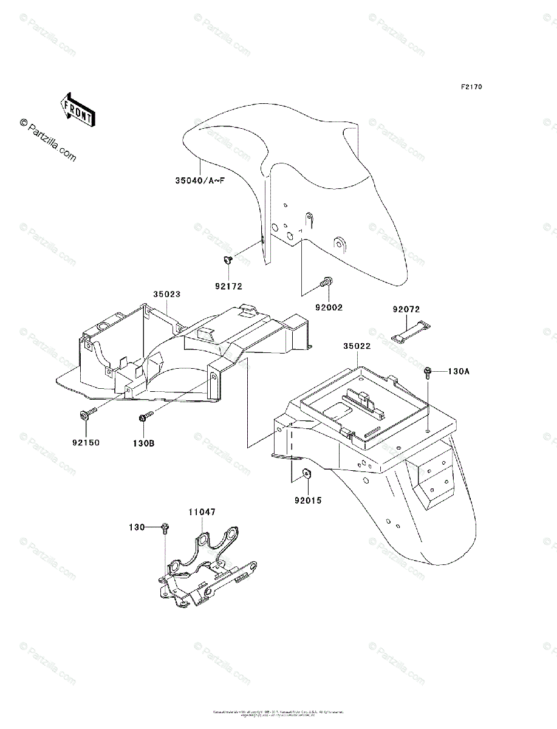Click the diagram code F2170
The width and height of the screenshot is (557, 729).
(x=471, y=87)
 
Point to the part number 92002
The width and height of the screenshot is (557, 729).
(x=329, y=307)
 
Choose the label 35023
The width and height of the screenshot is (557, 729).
(x=167, y=294)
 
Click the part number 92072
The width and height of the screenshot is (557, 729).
(x=406, y=309)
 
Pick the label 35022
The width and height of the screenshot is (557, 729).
(x=357, y=346)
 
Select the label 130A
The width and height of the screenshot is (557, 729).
(x=459, y=371)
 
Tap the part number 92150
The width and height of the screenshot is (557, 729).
(x=86, y=442)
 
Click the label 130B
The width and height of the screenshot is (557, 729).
(x=145, y=443)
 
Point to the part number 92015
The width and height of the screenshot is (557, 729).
(x=309, y=501)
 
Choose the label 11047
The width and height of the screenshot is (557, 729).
(x=201, y=513)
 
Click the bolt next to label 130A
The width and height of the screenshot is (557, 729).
(x=428, y=371)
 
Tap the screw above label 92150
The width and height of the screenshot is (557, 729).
(x=85, y=415)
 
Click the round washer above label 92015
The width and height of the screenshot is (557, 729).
(x=306, y=474)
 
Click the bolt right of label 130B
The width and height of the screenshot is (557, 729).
(x=146, y=417)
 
